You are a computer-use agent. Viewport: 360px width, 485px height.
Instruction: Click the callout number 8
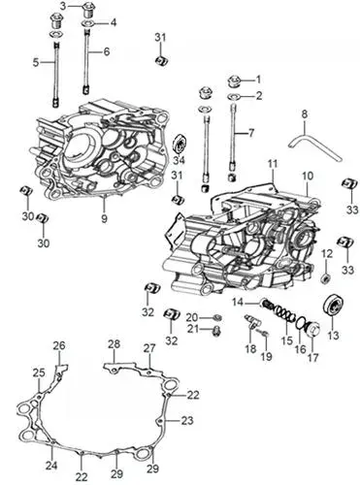[305, 114]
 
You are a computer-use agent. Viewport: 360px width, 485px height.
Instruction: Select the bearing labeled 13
[333, 305]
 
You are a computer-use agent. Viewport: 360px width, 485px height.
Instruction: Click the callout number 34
[179, 160]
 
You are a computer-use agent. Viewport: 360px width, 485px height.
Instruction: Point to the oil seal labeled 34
[180, 143]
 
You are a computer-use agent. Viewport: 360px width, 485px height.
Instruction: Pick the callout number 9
[104, 219]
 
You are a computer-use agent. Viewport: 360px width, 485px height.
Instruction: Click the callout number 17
[312, 357]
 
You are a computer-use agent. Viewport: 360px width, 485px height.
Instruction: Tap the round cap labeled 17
[312, 330]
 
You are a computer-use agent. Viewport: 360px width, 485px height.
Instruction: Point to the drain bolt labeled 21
[216, 331]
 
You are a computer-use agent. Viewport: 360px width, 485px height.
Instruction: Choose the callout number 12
[327, 254]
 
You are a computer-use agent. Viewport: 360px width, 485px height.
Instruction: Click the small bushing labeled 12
[326, 277]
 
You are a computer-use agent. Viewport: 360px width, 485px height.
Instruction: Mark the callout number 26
[59, 345]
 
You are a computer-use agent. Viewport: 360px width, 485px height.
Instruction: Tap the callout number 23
[187, 421]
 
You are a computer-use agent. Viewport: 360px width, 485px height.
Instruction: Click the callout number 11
[273, 164]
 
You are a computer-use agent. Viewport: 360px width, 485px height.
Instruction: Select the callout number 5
[36, 62]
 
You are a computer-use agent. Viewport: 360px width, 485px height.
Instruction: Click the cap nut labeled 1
[235, 81]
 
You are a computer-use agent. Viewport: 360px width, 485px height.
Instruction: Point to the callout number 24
[51, 466]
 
